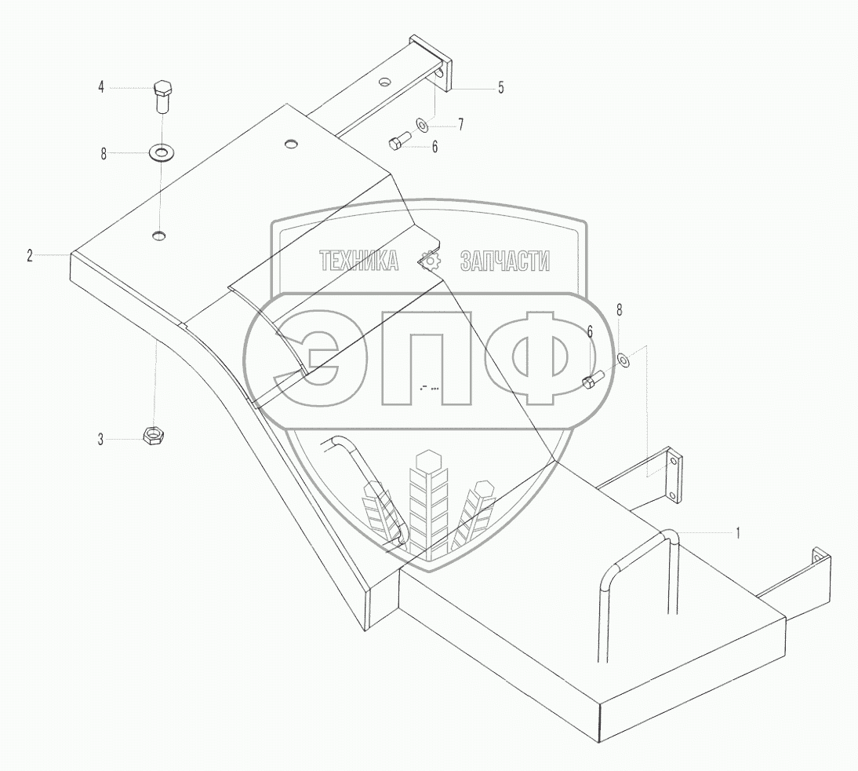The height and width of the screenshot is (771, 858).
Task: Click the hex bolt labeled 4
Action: (162, 97)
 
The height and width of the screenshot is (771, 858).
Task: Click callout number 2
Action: (30, 255)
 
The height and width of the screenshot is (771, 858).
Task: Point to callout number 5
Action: (500, 88)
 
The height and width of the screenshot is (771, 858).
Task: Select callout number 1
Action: (738, 532)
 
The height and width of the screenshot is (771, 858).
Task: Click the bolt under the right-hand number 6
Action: (592, 379)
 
